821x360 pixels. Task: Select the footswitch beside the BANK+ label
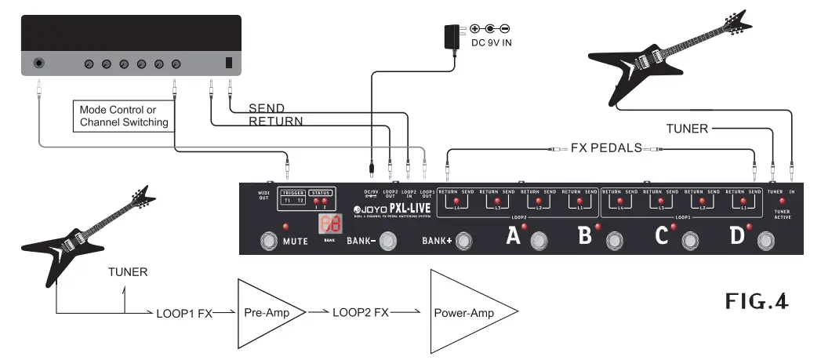464,240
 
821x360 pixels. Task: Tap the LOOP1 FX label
183,313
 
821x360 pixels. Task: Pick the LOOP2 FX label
360,312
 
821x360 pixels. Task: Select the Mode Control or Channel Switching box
124,116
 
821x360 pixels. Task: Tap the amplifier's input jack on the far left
38,64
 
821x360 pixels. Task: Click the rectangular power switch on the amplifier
229,64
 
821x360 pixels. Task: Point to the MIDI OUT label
264,195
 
